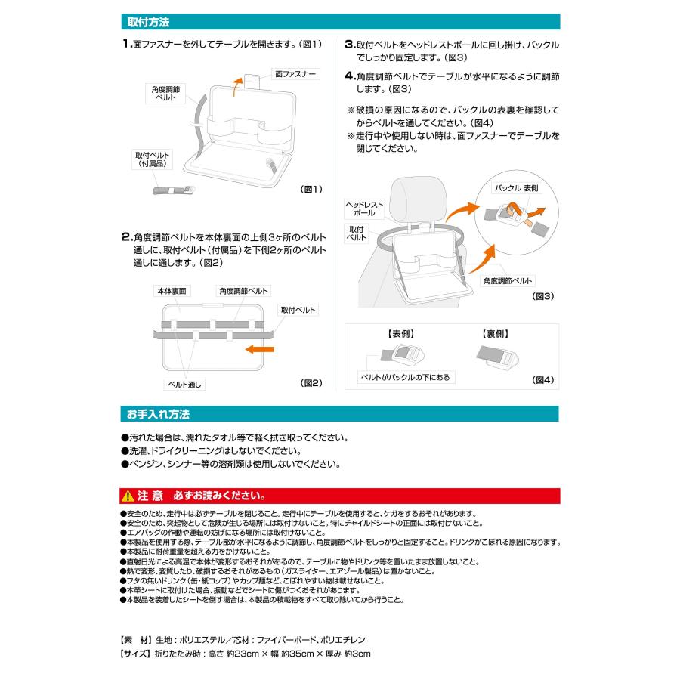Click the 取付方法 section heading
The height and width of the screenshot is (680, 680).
tap(148, 22)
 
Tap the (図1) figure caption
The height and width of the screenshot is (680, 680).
tap(311, 189)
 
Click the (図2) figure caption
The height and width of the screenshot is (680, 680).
tap(311, 383)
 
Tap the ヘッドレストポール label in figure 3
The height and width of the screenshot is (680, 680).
tap(365, 209)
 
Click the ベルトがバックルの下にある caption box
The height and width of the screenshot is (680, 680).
tap(407, 376)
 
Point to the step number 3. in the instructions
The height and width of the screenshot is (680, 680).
tap(350, 45)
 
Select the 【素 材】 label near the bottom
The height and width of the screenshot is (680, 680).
tap(135, 638)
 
